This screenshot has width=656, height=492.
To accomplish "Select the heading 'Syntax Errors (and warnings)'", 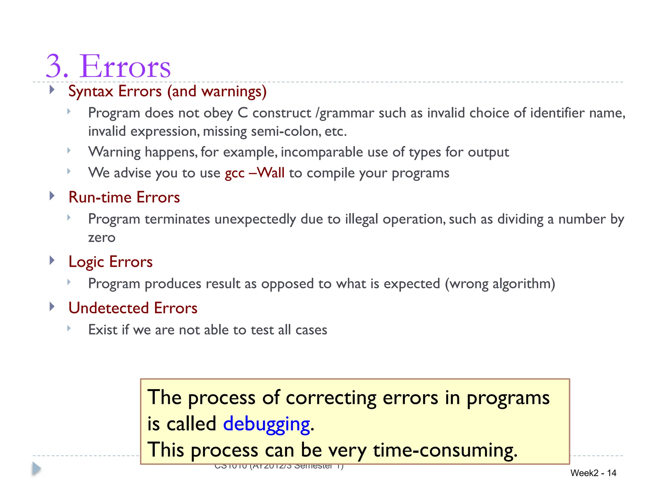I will click(167, 91).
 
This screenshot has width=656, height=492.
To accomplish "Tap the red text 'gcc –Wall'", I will click(255, 173).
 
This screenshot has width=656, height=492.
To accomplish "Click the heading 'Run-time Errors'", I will click(124, 197).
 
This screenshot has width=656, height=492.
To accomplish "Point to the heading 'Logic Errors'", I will click(111, 262).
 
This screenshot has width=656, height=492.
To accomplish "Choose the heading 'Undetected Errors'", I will click(133, 308).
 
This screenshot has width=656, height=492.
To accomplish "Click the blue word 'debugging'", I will click(266, 424).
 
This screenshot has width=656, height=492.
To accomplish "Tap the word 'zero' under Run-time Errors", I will click(102, 238).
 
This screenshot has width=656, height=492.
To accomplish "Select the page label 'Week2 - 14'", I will click(593, 473).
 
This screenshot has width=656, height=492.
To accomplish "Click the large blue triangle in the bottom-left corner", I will click(37, 469).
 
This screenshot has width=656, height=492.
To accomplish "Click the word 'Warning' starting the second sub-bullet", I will click(114, 152).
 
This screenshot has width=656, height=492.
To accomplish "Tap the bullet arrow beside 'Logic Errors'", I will click(52, 260).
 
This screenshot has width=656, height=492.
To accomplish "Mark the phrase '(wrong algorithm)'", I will click(500, 284).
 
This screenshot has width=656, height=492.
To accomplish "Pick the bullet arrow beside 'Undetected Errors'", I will click(52, 307).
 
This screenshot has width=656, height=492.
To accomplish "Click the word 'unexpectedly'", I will click(255, 219).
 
